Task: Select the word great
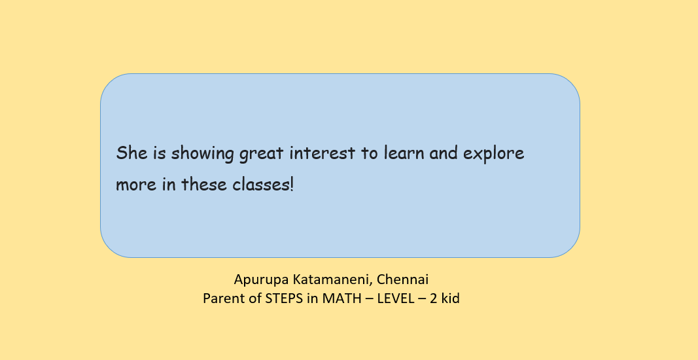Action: pos(261,154)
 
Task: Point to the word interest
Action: pos(323,153)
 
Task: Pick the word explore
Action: pos(494,154)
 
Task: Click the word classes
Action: pos(260,183)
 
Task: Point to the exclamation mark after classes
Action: pos(292,183)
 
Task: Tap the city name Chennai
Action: pos(402,279)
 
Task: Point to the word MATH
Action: pos(340,298)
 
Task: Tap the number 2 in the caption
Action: pos(433,298)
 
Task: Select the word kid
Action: pos(451,298)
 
